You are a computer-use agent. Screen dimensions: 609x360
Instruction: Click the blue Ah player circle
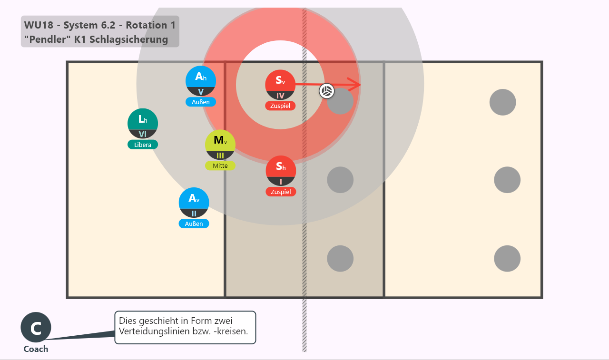[201, 81]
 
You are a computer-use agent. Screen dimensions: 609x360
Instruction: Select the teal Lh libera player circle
[143, 123]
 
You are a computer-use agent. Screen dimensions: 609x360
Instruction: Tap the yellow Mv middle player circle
[220, 145]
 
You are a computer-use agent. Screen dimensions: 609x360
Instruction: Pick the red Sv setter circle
[280, 85]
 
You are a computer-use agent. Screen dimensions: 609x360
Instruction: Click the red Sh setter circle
[281, 171]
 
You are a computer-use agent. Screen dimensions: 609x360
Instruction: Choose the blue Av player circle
[194, 203]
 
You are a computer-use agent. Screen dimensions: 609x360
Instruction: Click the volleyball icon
[326, 91]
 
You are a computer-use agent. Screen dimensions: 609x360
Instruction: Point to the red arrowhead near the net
[354, 85]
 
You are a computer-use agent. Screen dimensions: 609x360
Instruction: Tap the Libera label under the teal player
[143, 145]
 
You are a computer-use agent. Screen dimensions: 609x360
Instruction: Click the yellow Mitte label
[220, 166]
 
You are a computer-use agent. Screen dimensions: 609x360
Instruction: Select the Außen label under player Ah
[201, 102]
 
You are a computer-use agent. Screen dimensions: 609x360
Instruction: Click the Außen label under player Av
[194, 224]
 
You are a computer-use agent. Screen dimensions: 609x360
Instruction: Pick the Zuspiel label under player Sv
[280, 106]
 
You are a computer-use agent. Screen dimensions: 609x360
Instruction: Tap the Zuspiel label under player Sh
[281, 192]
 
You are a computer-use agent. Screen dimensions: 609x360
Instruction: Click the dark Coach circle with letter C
[36, 327]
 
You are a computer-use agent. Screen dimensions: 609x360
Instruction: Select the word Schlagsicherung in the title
[128, 39]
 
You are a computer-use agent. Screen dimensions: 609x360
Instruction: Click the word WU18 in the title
[39, 25]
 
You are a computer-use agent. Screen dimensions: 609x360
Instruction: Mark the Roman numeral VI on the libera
[143, 134]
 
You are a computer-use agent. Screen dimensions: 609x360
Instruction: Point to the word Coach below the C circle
[36, 349]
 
